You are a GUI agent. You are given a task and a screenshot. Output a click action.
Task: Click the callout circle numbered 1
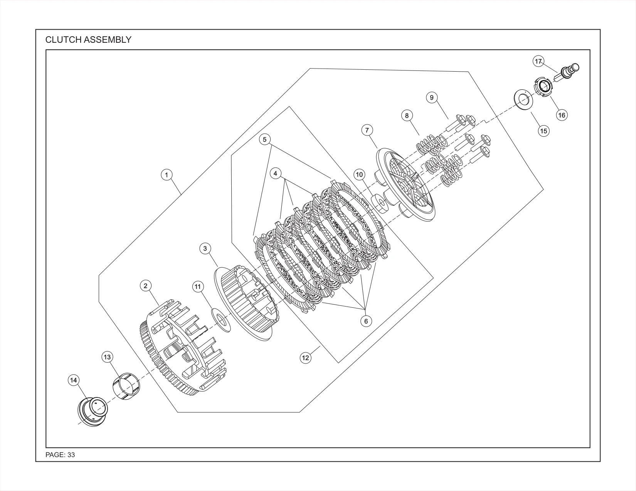[167, 175]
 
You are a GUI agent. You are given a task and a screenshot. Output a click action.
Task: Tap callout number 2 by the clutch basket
[145, 286]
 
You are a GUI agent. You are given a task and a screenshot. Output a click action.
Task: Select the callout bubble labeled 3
[205, 248]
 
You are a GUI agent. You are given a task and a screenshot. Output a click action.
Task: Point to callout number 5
[264, 139]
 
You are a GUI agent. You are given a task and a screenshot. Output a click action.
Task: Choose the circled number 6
[366, 322]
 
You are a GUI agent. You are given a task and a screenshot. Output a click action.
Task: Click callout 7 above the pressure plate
[367, 130]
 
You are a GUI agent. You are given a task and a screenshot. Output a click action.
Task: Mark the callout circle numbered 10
[359, 174]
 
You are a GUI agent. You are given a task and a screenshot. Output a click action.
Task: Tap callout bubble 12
[305, 358]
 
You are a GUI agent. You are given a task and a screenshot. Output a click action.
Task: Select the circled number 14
[74, 380]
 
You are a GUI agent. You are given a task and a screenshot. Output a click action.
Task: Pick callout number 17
[538, 61]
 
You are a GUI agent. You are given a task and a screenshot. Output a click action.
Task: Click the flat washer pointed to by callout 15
[523, 100]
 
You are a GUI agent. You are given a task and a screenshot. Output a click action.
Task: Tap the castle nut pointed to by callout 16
[544, 87]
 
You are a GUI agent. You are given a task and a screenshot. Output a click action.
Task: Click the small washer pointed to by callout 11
[221, 320]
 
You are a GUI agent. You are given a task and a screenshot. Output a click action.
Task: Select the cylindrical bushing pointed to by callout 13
[126, 386]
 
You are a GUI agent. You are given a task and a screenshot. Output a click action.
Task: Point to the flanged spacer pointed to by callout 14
[93, 411]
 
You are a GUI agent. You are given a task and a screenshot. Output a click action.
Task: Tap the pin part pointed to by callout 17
[567, 73]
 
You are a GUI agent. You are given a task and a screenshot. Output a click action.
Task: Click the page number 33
[71, 455]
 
